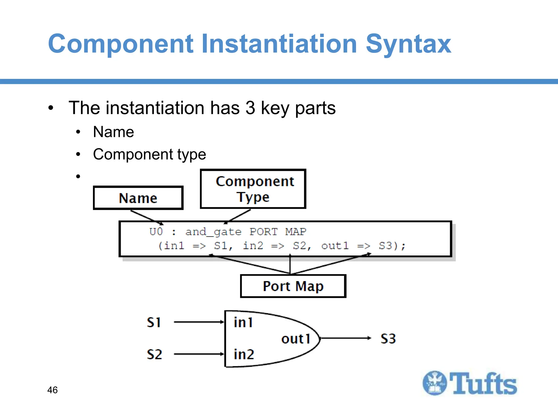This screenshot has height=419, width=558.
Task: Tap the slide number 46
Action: point(52,390)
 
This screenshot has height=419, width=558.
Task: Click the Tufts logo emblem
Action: point(435,383)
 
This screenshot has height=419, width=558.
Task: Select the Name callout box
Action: point(138,198)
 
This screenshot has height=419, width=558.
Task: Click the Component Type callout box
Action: point(253,189)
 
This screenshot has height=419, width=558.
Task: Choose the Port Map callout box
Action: point(293,286)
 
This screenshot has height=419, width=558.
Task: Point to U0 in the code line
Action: point(156,232)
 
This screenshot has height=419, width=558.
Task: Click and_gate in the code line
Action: point(213,232)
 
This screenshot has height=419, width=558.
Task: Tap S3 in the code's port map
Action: point(385,246)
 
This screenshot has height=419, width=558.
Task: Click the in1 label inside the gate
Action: point(243,322)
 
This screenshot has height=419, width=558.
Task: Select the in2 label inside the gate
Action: point(244,354)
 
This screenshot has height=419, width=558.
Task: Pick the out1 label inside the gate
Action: point(296,339)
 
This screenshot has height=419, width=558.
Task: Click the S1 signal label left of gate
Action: point(154,322)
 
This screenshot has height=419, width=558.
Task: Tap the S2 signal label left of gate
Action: point(154,354)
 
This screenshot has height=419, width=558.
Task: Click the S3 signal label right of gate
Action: point(388,339)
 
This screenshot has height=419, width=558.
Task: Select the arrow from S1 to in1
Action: point(199,322)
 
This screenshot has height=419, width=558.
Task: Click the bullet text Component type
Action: point(149,154)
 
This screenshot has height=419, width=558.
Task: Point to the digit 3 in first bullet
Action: point(250,108)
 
